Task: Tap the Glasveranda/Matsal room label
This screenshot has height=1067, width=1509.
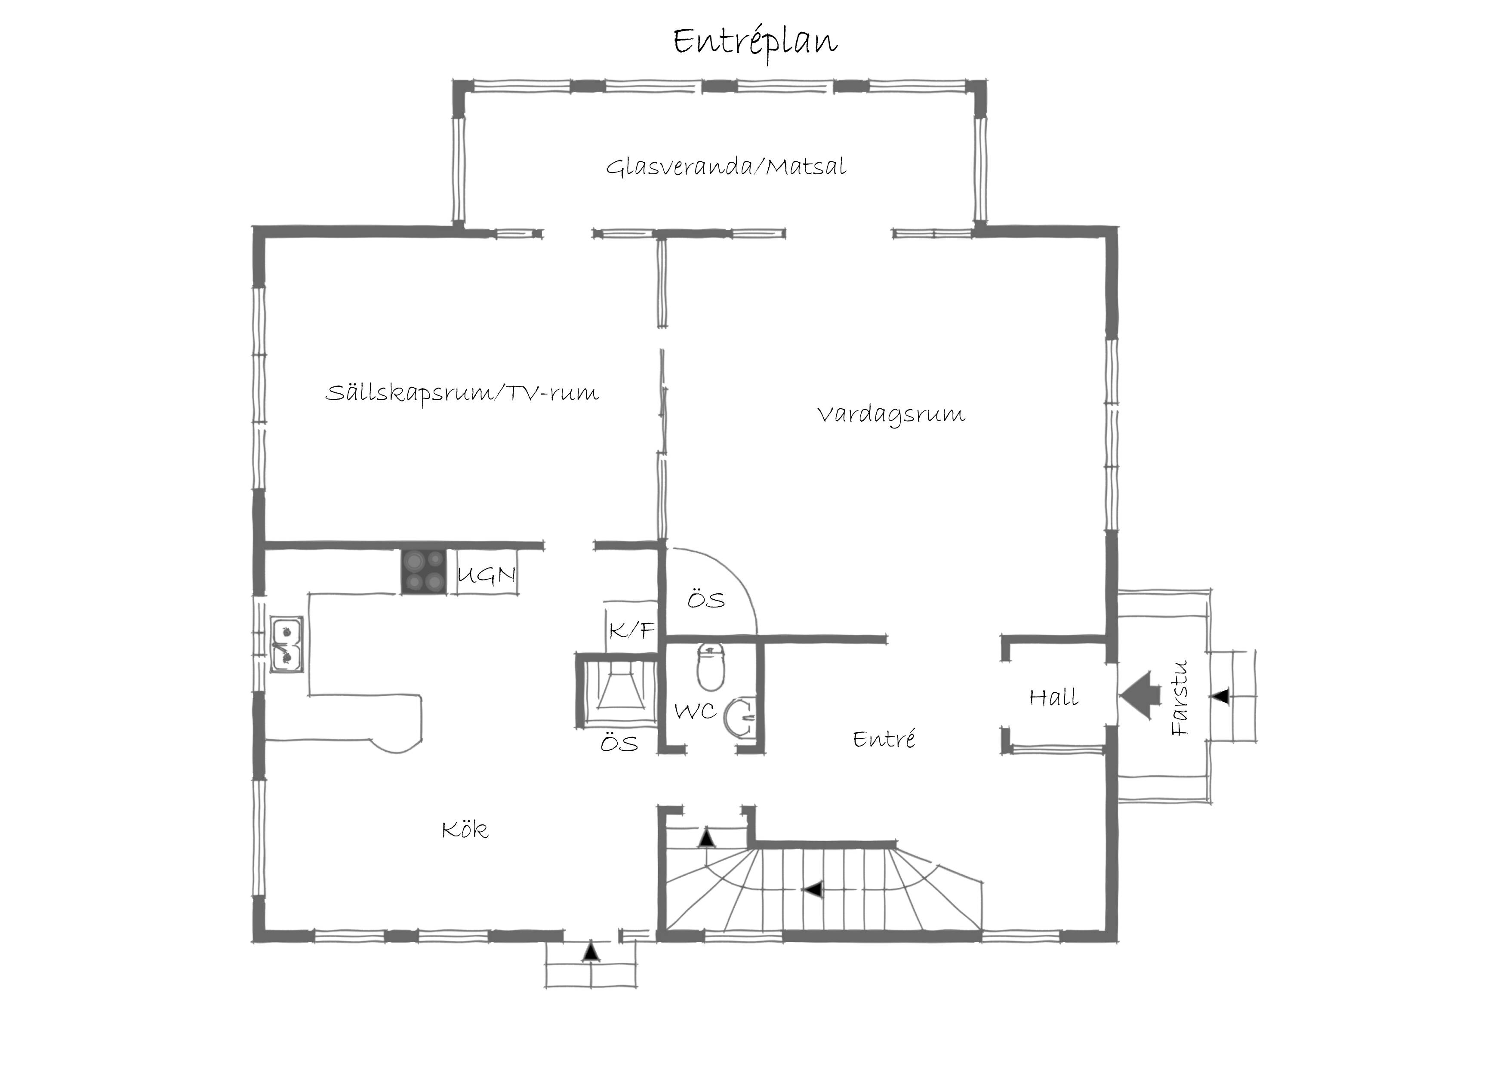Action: tap(726, 167)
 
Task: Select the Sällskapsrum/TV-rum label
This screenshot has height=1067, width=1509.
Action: tap(462, 393)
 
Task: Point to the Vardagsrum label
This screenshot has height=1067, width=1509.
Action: tap(891, 415)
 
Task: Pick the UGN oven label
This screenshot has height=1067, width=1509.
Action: tap(486, 575)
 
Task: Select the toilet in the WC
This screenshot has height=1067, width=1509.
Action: tap(711, 666)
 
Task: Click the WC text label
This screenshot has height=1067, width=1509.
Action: tap(695, 711)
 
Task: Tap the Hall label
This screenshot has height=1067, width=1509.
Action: tap(1053, 697)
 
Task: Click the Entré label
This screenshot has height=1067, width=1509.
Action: tap(884, 739)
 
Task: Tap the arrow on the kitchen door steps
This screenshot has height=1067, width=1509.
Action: tap(591, 953)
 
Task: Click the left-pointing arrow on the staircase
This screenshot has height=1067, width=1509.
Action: tap(814, 889)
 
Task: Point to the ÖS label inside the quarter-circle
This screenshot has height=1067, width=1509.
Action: tap(706, 600)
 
